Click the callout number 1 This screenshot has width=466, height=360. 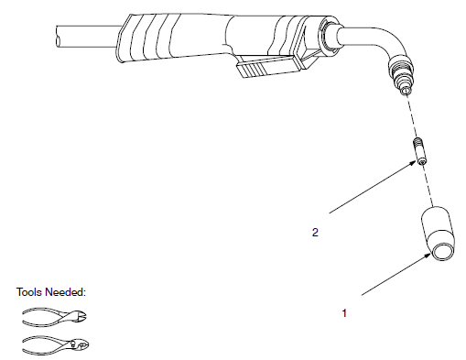click(x=344, y=312)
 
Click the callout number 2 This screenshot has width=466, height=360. click(x=315, y=233)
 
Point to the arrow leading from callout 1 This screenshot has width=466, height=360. click(x=394, y=277)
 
